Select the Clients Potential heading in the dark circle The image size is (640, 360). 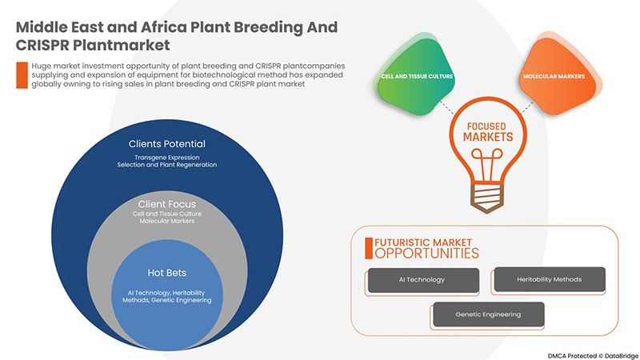(167, 144)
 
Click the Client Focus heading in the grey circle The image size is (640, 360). (167, 204)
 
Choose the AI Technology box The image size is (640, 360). (422, 280)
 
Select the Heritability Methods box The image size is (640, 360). (549, 279)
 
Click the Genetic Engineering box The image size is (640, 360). (488, 314)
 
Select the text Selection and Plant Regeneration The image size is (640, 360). (167, 165)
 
